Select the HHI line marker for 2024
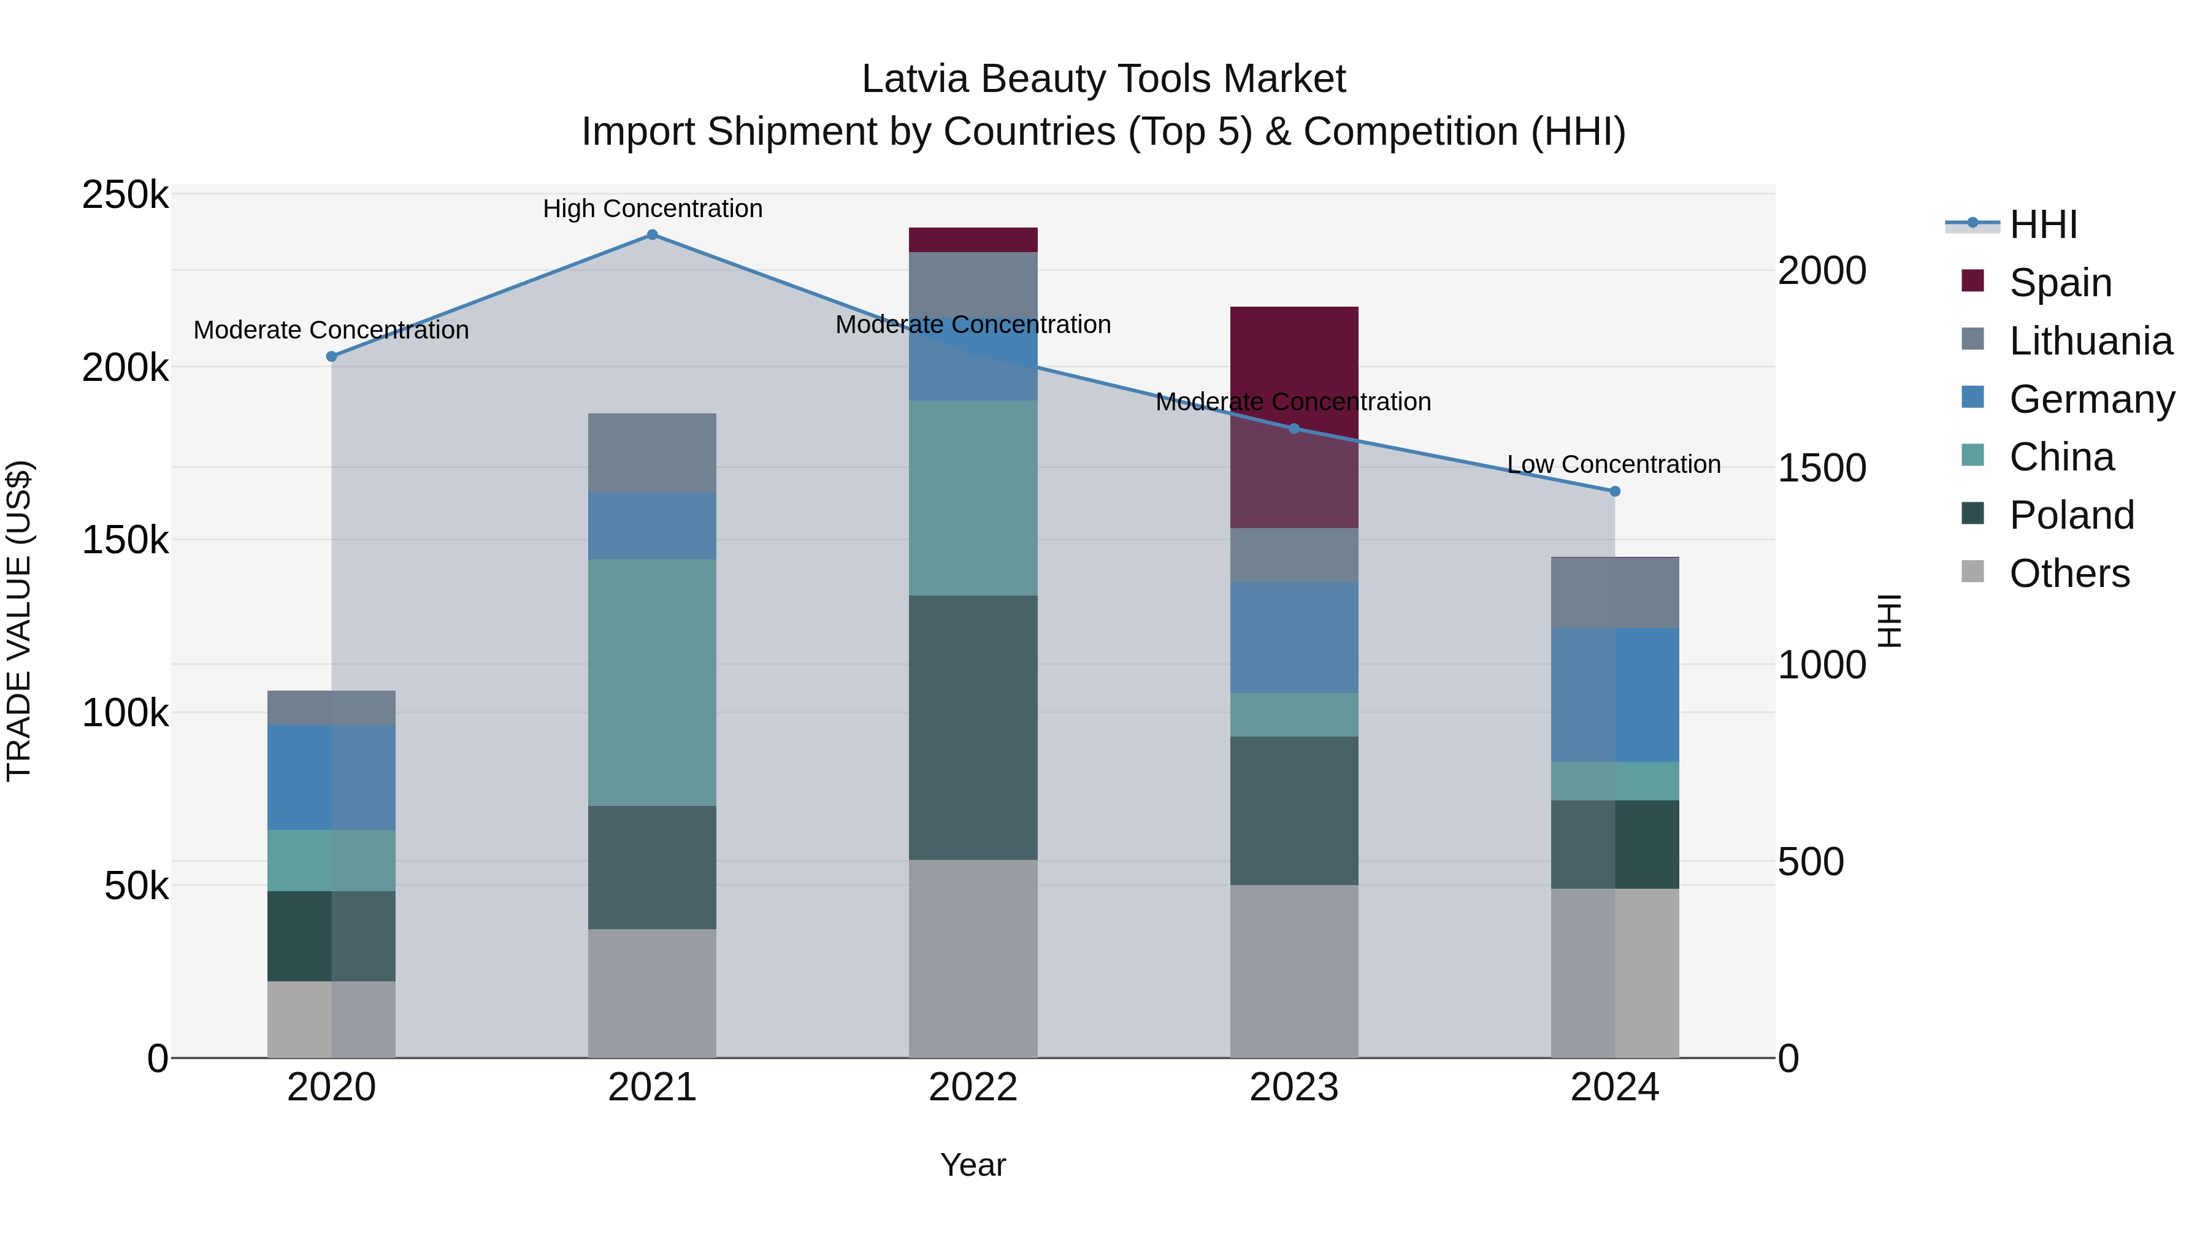pyautogui.click(x=1615, y=491)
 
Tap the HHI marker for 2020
pyautogui.click(x=332, y=356)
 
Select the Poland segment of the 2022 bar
pyautogui.click(x=973, y=727)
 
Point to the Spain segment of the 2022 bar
pyautogui.click(x=973, y=240)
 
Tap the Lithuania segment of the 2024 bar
pyautogui.click(x=1615, y=593)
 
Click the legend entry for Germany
pyautogui.click(x=2091, y=399)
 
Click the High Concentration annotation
pyautogui.click(x=653, y=209)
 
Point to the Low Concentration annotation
pyautogui.click(x=1613, y=464)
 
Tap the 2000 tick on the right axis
pyautogui.click(x=1822, y=271)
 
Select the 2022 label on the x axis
pyautogui.click(x=973, y=1087)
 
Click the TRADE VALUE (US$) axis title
pyautogui.click(x=19, y=621)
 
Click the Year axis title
pyautogui.click(x=973, y=1165)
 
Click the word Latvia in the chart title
pyautogui.click(x=916, y=79)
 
